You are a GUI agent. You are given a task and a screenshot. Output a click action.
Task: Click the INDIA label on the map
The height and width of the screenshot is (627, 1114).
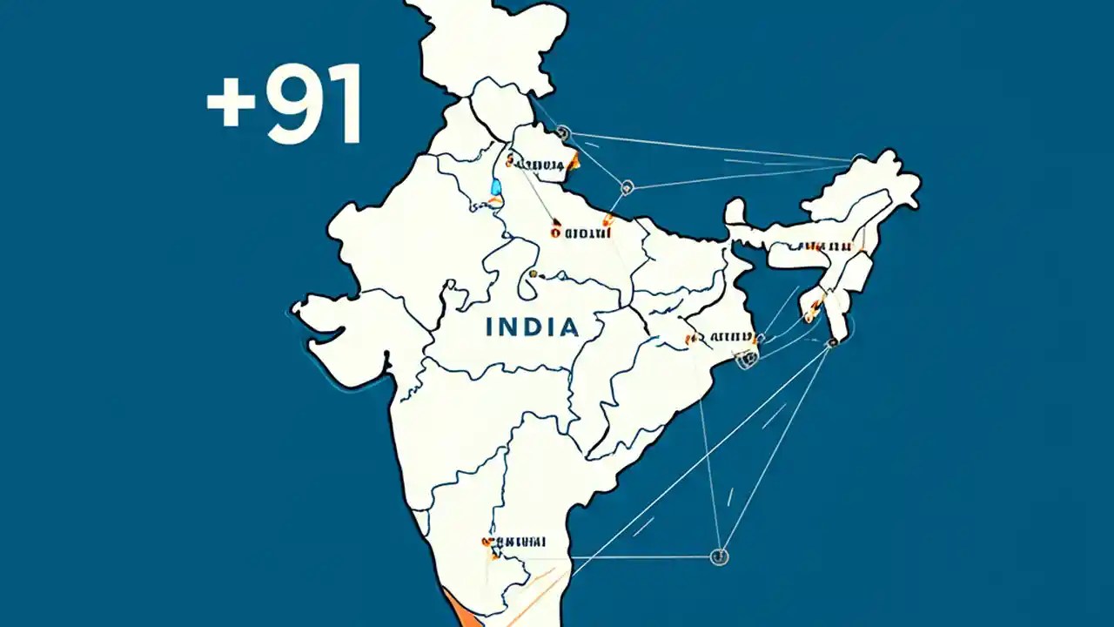coord(532,327)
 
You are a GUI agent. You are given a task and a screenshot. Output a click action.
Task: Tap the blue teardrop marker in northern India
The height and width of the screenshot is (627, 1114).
coord(496,186)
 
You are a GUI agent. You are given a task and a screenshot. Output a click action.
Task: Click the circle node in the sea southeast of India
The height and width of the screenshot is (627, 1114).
coord(719,556)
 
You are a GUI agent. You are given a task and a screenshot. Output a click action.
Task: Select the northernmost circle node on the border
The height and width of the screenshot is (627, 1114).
coord(561,133)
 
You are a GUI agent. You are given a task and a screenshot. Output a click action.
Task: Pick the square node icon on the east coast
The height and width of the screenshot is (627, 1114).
coord(746,356)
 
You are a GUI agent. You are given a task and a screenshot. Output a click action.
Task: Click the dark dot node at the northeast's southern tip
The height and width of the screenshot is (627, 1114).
coord(833,343)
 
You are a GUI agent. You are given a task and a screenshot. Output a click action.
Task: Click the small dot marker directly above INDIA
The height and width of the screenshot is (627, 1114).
coord(533,275)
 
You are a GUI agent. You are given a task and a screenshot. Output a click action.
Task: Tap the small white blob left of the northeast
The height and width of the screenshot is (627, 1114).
coord(735,212)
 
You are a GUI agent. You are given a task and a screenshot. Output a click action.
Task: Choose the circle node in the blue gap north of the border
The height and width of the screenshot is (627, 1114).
coord(627,186)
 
